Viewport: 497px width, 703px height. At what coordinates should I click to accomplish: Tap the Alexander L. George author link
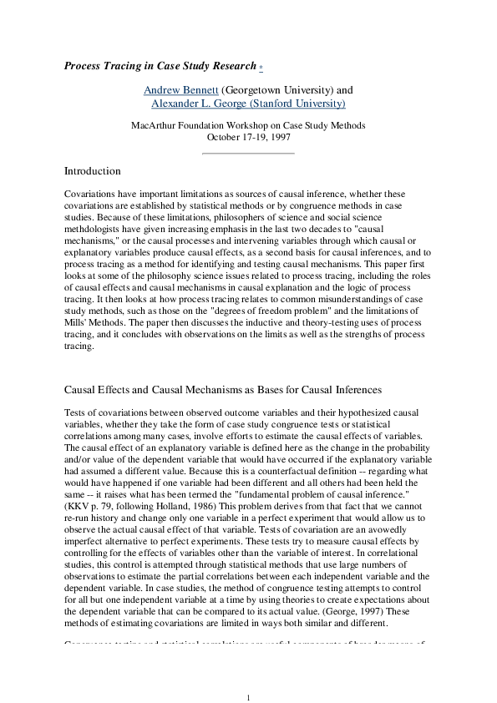[x=248, y=104]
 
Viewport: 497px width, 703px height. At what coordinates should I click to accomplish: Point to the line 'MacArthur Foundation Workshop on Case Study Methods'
[x=248, y=125]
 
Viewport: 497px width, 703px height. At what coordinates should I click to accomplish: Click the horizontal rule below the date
[x=248, y=153]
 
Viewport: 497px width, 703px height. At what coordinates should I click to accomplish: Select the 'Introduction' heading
[x=93, y=171]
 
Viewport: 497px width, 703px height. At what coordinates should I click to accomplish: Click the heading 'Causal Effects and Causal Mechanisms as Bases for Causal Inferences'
[x=223, y=389]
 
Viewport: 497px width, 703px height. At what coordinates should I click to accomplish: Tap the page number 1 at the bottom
[x=248, y=674]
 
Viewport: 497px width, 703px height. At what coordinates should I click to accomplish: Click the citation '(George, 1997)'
[x=318, y=609]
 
